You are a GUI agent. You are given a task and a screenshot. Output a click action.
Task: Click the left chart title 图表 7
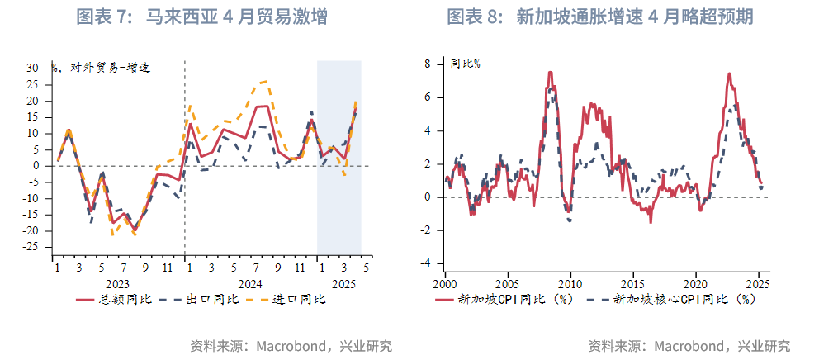tap(201, 17)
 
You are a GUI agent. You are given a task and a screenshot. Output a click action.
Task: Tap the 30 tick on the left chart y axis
tap(33, 68)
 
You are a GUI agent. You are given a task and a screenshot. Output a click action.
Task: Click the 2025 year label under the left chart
tap(341, 283)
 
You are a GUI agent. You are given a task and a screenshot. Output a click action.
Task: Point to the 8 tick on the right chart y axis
tap(428, 64)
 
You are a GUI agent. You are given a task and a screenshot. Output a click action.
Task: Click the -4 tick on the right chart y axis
tap(426, 263)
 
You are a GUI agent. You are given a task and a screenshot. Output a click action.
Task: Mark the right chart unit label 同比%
tap(466, 64)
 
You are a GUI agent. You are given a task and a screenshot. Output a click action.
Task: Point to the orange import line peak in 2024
tap(264, 81)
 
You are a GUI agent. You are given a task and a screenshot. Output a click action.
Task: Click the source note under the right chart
tap(689, 345)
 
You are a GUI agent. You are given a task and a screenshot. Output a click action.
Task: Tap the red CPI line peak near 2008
tap(550, 73)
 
